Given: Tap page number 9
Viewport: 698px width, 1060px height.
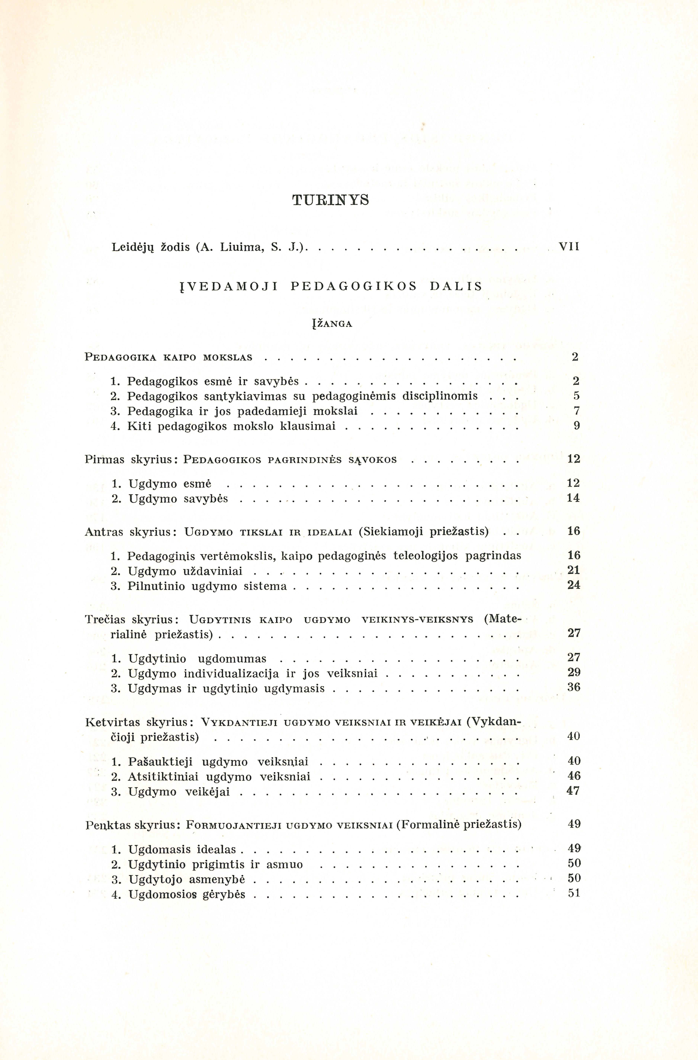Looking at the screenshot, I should click(x=576, y=426).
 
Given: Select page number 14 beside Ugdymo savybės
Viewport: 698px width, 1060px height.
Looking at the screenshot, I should click(x=574, y=498).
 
